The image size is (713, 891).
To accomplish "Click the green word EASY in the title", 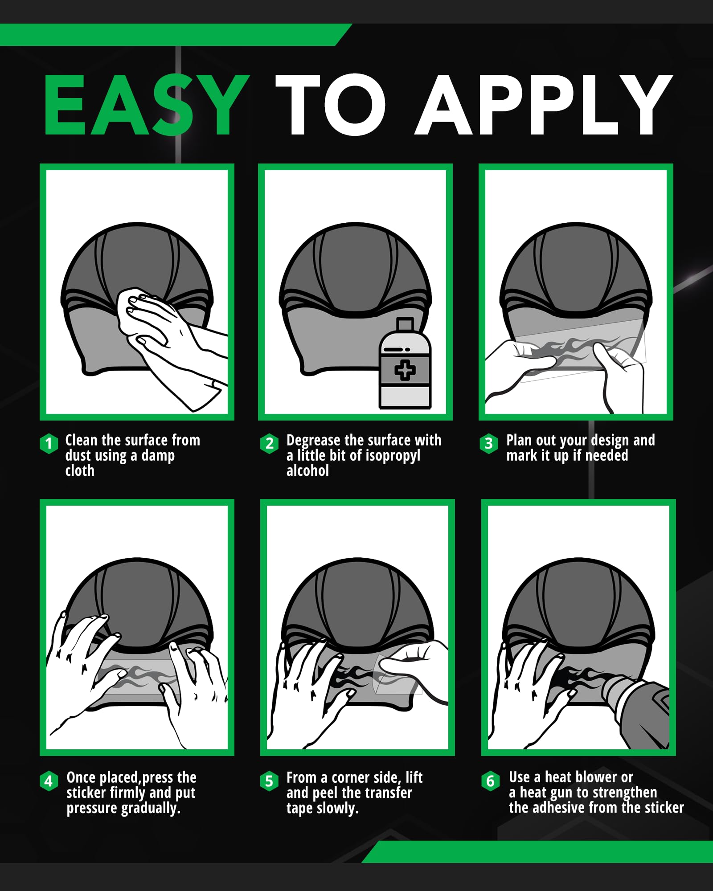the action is (147, 105).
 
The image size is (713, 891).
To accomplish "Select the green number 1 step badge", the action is (49, 443).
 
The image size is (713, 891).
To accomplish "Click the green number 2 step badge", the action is (269, 443).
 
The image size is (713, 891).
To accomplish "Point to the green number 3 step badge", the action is (489, 443).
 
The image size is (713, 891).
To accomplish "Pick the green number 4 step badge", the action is (49, 781).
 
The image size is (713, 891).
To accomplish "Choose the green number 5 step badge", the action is (269, 781).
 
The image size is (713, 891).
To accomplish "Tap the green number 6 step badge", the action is (491, 781).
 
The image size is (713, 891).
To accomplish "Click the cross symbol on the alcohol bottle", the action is (405, 370).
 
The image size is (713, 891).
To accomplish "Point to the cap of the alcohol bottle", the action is (405, 324).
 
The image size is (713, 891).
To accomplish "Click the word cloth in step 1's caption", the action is (80, 470).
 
